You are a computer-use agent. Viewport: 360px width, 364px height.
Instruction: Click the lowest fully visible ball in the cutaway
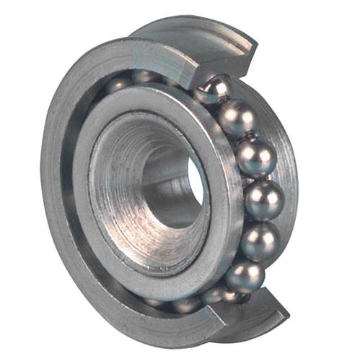click(245, 276)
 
